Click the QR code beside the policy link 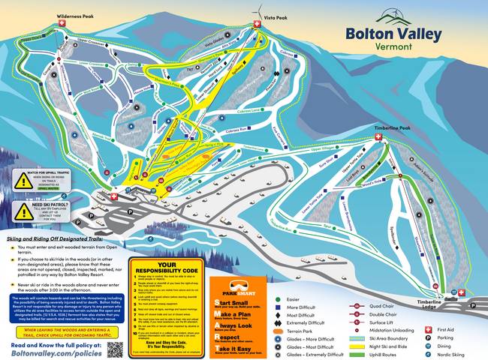pyautogui.click(x=115, y=349)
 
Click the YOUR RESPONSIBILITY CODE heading pyautogui.click(x=165, y=267)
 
